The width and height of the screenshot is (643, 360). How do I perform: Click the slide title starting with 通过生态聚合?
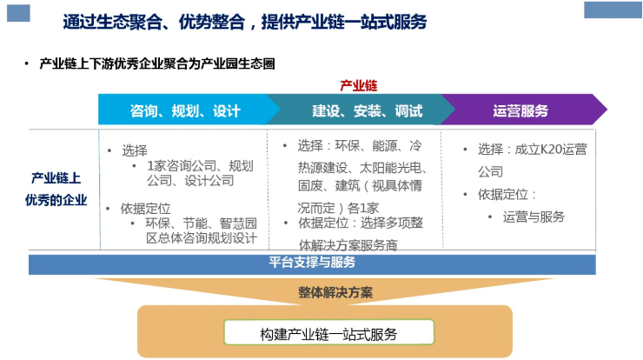pyautogui.click(x=245, y=22)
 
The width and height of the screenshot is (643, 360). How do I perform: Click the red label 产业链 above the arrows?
pyautogui.click(x=358, y=85)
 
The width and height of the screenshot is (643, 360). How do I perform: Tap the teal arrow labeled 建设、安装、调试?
pyautogui.click(x=361, y=110)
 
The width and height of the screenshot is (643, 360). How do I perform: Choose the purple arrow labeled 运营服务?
pyautogui.click(x=523, y=110)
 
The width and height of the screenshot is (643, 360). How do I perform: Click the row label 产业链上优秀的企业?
pyautogui.click(x=56, y=190)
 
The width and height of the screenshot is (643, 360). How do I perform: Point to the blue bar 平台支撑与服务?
pyautogui.click(x=312, y=264)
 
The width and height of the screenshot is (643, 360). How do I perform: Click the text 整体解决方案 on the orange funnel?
pyautogui.click(x=335, y=292)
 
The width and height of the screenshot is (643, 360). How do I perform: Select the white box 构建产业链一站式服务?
pyautogui.click(x=328, y=332)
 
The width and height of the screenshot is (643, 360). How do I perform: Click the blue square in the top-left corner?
pyautogui.click(x=18, y=13)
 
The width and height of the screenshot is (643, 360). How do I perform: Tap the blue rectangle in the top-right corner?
pyautogui.click(x=613, y=10)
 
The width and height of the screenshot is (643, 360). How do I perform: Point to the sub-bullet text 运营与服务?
pyautogui.click(x=534, y=217)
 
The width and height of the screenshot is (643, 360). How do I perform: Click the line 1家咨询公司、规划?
pyautogui.click(x=200, y=166)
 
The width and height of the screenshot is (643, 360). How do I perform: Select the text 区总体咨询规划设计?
pyautogui.click(x=202, y=238)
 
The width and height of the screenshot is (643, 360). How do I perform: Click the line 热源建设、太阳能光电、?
pyautogui.click(x=362, y=168)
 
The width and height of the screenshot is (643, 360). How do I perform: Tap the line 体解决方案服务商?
pyautogui.click(x=348, y=244)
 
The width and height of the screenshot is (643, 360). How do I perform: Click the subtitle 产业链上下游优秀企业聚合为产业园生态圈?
pyautogui.click(x=157, y=63)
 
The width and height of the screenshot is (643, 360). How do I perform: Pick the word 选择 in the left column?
pyautogui.click(x=135, y=150)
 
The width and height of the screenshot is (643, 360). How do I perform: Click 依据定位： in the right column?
pyautogui.click(x=507, y=194)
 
